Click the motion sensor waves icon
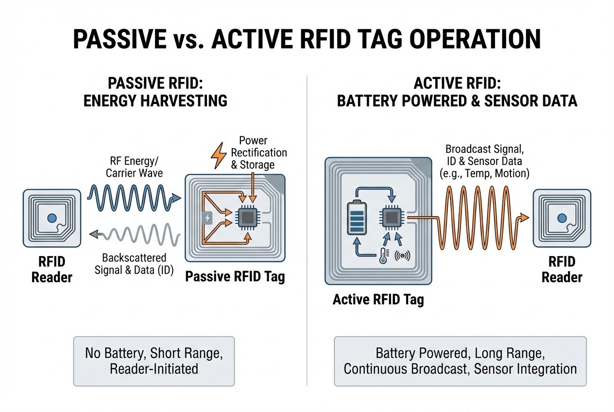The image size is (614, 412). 403,255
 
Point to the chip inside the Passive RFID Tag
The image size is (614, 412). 247,217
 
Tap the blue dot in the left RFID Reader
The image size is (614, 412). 51,219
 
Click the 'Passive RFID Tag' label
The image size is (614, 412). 235,277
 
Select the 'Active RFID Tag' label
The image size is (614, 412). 378,299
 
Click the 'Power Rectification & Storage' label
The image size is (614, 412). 259,153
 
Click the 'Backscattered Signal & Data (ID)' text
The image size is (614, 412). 134,264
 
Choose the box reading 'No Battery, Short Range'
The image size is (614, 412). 153,360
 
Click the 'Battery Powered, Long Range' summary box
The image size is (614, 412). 460,360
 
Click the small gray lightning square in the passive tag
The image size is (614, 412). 207,218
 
